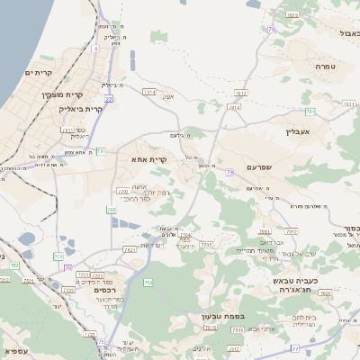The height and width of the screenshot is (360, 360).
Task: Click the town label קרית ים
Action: point(39,72)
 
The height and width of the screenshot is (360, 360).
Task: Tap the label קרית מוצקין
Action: point(62,93)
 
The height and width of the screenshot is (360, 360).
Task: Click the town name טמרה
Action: point(325,67)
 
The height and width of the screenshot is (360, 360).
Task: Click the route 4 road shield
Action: point(95,49)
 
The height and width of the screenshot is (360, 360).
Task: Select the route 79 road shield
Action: point(230,171)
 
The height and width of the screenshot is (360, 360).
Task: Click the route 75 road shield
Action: point(101,341)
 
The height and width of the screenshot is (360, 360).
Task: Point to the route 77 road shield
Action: point(294,346)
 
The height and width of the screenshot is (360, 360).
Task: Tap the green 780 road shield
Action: point(112,210)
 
